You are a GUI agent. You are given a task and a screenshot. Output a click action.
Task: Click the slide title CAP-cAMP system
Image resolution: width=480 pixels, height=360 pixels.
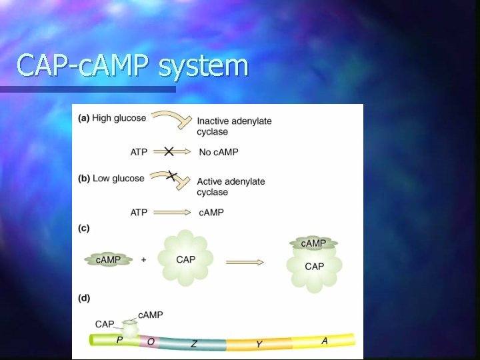point(132,65)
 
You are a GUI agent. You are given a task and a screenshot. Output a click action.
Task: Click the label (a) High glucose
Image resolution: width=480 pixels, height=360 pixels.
point(112,118)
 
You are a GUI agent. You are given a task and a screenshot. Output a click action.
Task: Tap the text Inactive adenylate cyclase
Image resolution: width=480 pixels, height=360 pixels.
point(234,126)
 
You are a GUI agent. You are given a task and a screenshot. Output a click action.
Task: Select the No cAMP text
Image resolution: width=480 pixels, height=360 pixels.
point(219,152)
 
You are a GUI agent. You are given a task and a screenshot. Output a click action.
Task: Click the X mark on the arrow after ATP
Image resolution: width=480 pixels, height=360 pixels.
point(169,152)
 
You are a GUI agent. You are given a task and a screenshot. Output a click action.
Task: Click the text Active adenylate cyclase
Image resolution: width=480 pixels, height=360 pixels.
point(231,187)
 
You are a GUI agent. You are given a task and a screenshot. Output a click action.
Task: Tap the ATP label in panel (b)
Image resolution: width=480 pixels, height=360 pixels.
point(139,212)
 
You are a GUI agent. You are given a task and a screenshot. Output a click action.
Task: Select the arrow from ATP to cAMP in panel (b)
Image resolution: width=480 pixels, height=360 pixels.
point(171,212)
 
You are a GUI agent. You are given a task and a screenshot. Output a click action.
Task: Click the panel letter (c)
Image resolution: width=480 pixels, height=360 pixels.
point(84,228)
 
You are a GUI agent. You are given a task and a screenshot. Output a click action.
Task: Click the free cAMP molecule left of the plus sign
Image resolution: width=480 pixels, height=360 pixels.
point(108,259)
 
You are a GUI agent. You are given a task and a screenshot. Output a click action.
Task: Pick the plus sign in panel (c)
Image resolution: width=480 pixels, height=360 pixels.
point(144,259)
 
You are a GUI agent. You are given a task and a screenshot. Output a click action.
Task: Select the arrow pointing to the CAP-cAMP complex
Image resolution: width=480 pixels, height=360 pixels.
point(244,262)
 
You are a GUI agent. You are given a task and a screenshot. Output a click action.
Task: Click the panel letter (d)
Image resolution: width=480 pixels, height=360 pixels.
point(84,297)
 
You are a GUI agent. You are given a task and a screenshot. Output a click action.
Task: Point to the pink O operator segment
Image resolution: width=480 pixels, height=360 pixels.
point(151,341)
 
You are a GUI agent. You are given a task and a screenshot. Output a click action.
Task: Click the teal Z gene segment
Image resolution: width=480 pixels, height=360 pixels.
point(193,343)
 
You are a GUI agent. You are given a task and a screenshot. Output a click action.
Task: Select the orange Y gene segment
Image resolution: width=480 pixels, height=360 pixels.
point(259,344)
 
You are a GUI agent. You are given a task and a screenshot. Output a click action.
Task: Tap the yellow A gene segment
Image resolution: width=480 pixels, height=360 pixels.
point(325,341)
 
